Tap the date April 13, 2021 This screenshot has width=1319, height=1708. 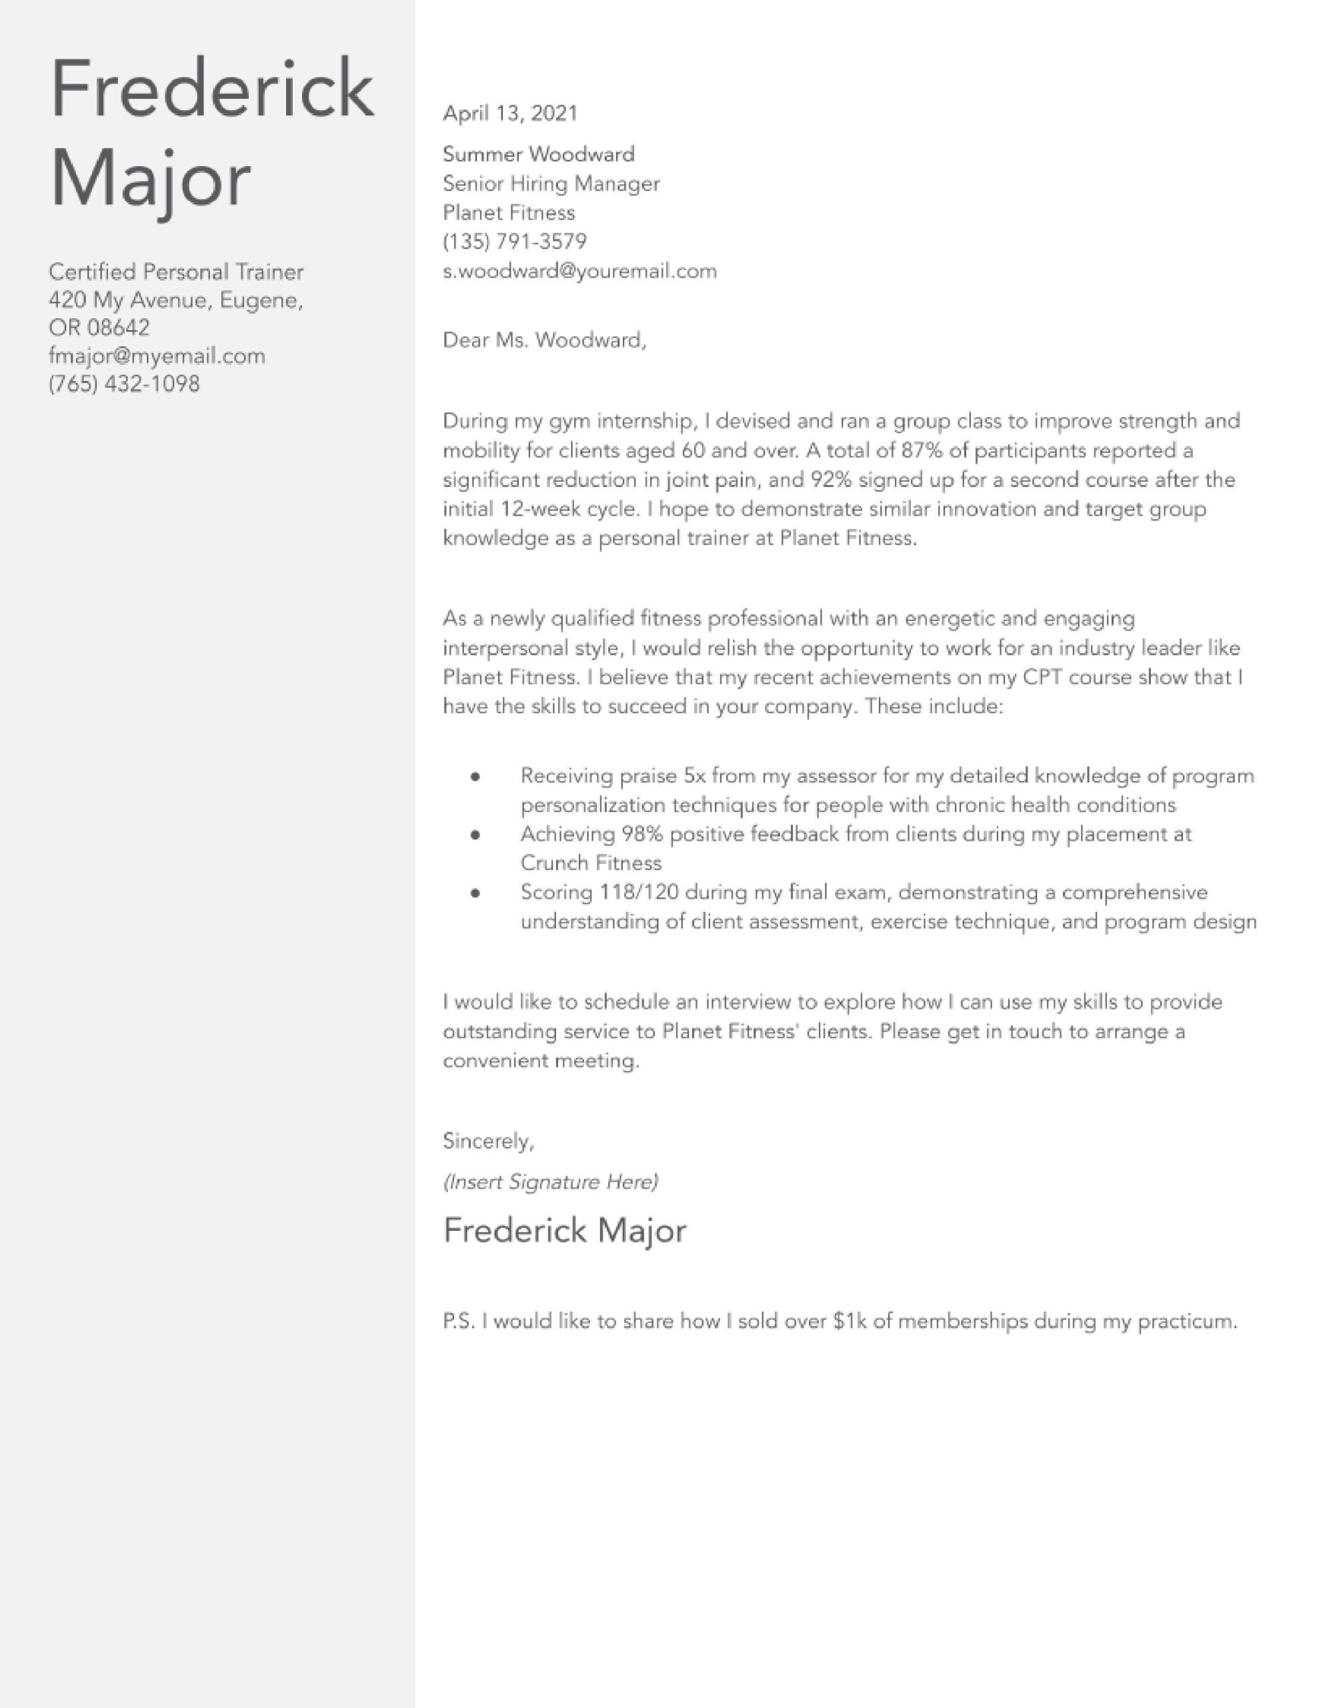coord(509,113)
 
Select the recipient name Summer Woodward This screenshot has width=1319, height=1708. coord(538,154)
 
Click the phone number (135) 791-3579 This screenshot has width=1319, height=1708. coord(515,242)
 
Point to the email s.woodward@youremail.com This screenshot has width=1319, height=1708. coord(579,272)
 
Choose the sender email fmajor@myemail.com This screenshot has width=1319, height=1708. coord(156,356)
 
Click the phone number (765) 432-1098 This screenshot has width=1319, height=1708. coord(123,384)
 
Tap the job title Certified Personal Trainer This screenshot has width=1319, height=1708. coord(175,272)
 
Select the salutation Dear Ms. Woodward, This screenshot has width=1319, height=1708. coord(544,340)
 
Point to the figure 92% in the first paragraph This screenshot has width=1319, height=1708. coord(830,480)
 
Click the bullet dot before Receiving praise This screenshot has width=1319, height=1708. coord(475,777)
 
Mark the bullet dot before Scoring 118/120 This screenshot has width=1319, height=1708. coord(475,893)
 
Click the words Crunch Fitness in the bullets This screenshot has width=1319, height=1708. coord(590,863)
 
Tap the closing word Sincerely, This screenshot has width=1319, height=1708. coord(488,1141)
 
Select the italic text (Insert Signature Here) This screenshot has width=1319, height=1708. coord(550,1182)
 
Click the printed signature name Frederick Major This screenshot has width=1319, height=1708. coord(563,1230)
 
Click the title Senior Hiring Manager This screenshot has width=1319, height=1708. coord(550,183)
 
